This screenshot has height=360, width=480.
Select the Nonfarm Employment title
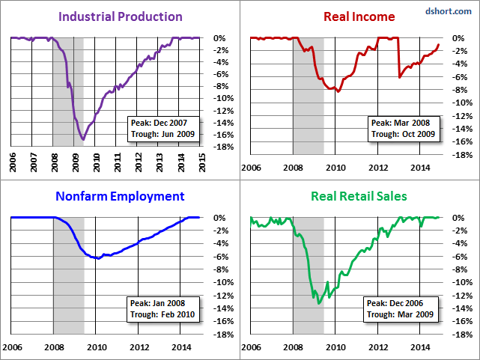pyautogui.click(x=120, y=197)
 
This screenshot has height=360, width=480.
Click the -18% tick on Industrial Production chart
pyautogui.click(x=222, y=147)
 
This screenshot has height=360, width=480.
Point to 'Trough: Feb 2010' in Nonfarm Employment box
pyautogui.click(x=160, y=314)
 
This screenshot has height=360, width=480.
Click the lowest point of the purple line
pyautogui.click(x=83, y=139)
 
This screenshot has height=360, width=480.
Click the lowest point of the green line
pyautogui.click(x=318, y=303)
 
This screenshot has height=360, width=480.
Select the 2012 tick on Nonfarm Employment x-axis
pyautogui.click(x=139, y=347)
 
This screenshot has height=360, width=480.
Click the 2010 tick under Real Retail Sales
pyautogui.click(x=336, y=347)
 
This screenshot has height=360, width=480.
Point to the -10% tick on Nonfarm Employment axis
pyautogui.click(x=222, y=282)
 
